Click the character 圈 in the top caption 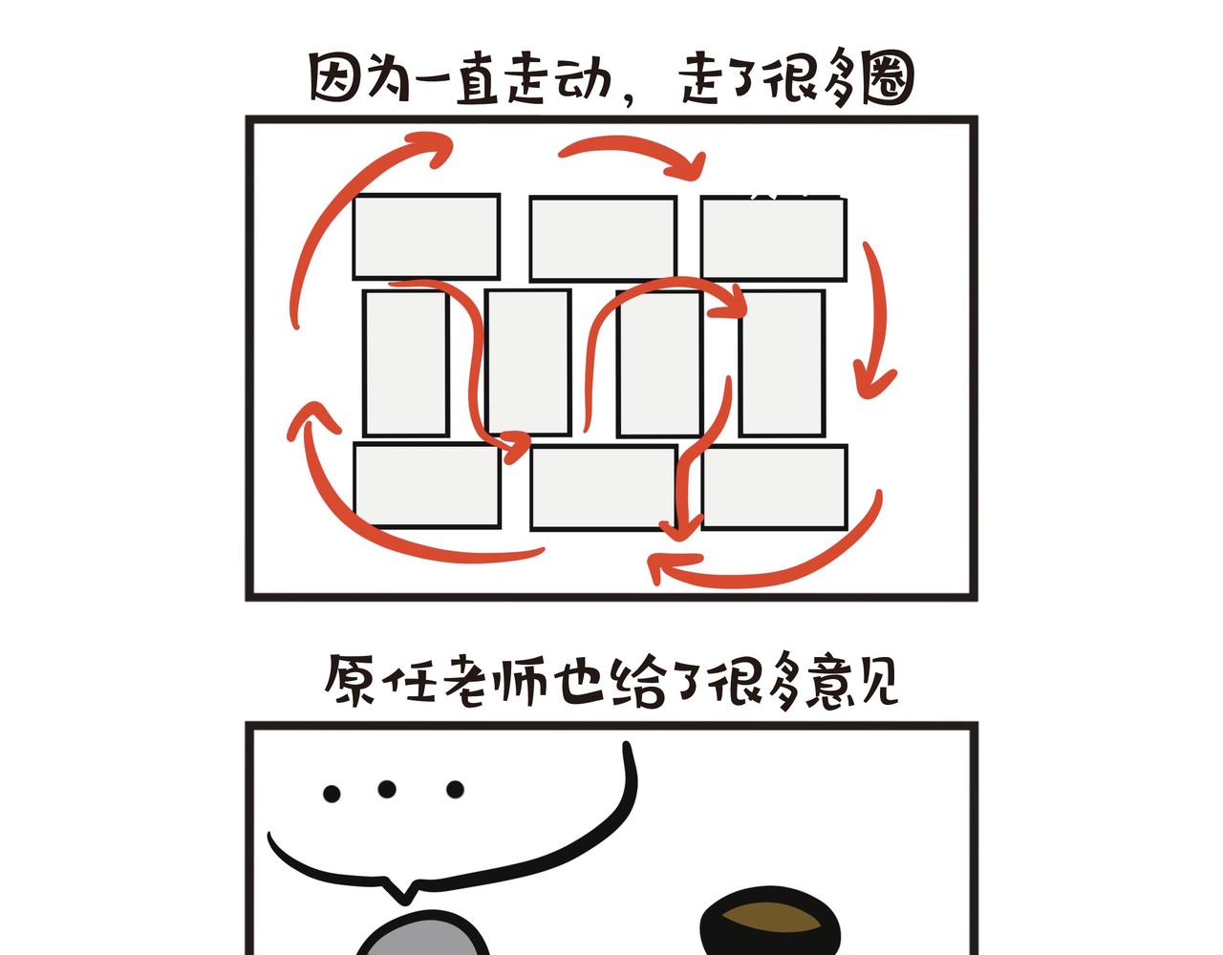[x=887, y=78]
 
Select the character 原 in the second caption [x=350, y=679]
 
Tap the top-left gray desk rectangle [x=426, y=236]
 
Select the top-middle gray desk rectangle [x=603, y=238]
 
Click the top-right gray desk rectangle [x=773, y=239]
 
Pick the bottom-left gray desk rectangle [x=427, y=486]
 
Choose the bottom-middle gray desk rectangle [x=604, y=488]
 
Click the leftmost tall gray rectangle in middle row [x=406, y=363]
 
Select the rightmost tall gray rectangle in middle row [x=783, y=363]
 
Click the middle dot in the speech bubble [x=387, y=789]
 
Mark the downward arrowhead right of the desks [x=873, y=381]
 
